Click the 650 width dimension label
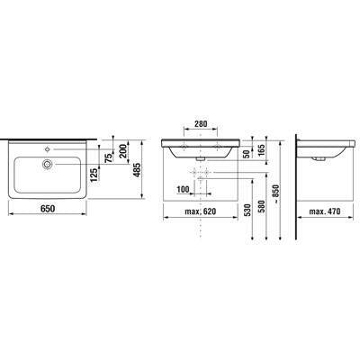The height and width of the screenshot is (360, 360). click(48, 208)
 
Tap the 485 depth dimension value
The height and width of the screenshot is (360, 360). click(137, 170)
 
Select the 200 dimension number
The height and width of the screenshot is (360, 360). click(124, 151)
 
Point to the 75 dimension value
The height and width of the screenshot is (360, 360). click(110, 157)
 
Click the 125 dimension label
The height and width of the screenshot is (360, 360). click(94, 175)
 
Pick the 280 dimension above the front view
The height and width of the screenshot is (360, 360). click(201, 123)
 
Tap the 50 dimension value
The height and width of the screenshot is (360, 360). click(247, 154)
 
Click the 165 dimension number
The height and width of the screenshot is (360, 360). click(261, 150)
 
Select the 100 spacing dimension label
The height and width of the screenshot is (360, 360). click(183, 189)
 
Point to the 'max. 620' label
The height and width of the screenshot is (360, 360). click(201, 211)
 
